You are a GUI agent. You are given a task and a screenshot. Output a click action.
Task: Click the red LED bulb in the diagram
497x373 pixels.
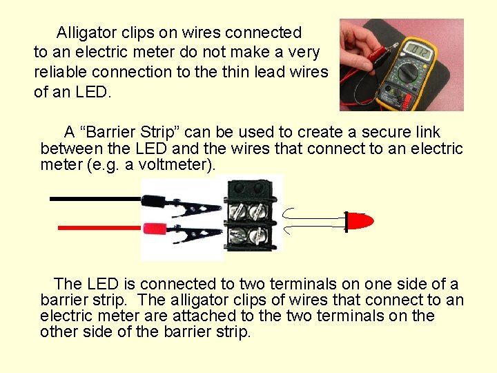coord(358,221)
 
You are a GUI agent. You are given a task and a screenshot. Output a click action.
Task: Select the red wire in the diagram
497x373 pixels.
coord(97,227)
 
